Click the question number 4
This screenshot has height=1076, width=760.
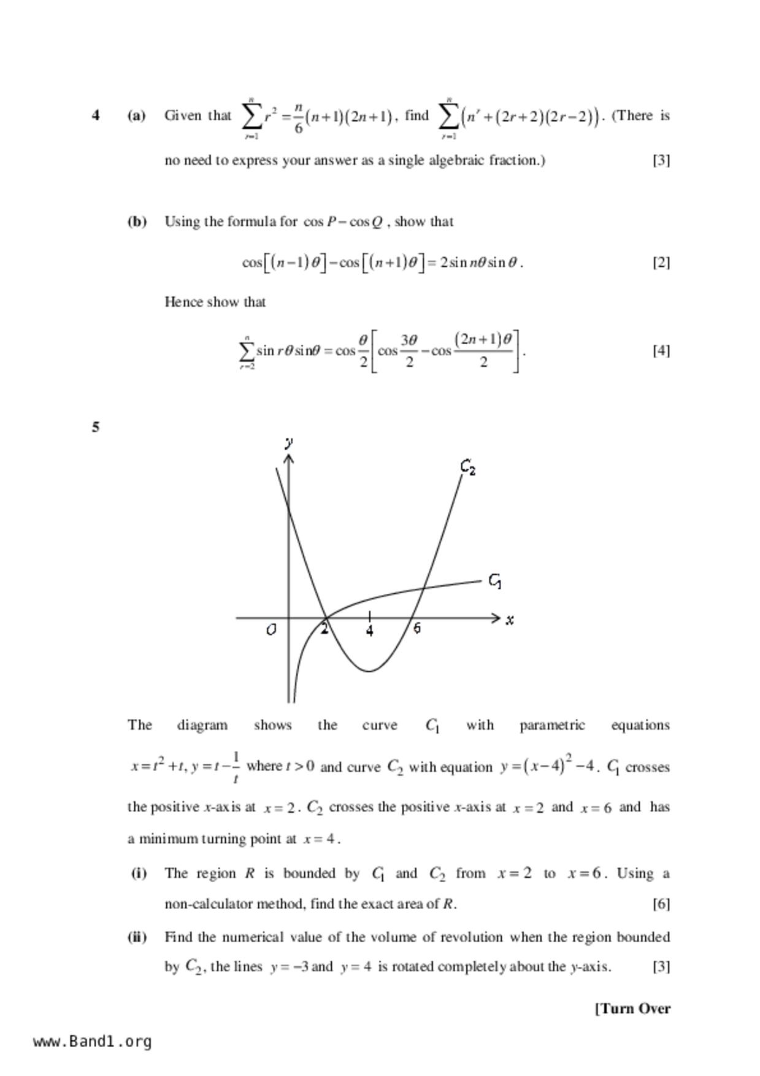click(x=96, y=115)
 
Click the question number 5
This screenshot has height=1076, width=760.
click(x=96, y=427)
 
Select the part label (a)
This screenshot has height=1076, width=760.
click(x=136, y=115)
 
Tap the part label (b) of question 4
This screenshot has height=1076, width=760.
click(x=137, y=221)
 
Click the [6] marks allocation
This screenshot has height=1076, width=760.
click(x=661, y=904)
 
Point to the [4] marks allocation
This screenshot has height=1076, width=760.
click(x=661, y=350)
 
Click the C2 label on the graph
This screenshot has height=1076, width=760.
click(x=468, y=467)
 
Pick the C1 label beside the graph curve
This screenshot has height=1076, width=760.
click(x=495, y=580)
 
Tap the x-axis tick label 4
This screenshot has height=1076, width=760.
click(x=369, y=631)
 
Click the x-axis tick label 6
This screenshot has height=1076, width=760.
click(x=417, y=628)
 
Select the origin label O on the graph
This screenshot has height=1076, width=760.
click(x=271, y=630)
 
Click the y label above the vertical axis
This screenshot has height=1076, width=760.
click(x=289, y=442)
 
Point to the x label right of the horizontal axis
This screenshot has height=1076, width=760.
click(x=510, y=620)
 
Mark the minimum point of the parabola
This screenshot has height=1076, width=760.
click(x=369, y=671)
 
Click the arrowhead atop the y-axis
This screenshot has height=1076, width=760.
click(x=289, y=458)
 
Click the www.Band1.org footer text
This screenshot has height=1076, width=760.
click(x=92, y=1042)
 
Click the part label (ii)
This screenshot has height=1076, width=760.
click(x=137, y=937)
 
